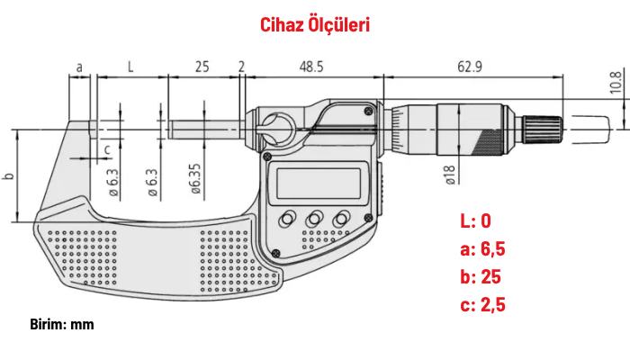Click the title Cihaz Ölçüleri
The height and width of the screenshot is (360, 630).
coord(315,24)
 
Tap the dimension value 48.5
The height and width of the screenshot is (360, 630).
coord(312,67)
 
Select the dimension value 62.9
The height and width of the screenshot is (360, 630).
coord(469,67)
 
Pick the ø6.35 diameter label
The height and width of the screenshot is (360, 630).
coord(193,180)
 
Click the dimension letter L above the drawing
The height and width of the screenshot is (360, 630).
coord(130,67)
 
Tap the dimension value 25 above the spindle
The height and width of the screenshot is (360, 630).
coord(202,67)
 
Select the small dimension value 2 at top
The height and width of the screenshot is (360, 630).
coord(242,67)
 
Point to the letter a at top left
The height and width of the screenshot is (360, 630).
coord(79,67)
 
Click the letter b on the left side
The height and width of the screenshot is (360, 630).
coord(8,175)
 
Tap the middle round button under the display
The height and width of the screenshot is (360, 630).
coord(315,220)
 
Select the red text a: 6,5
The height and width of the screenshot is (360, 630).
coord(482,249)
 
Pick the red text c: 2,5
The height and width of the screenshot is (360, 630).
coord(482,305)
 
